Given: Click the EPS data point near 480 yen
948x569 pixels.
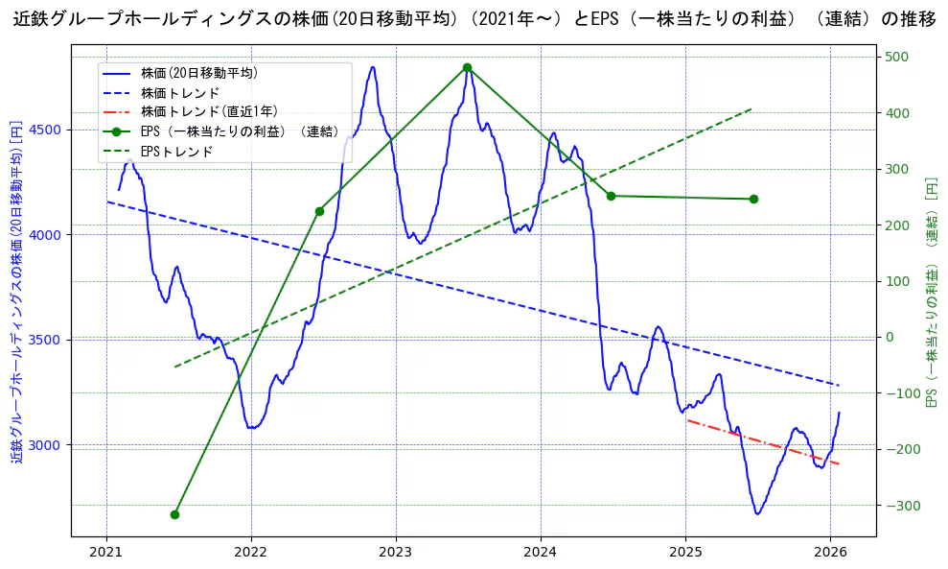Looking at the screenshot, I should [x=467, y=67].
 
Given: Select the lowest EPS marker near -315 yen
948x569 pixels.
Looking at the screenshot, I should [x=174, y=514].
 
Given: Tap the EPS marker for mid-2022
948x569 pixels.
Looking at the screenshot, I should [x=319, y=211].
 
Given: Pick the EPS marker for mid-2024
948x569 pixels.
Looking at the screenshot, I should [x=611, y=196].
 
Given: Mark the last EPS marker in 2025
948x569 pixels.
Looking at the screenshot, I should [x=753, y=199].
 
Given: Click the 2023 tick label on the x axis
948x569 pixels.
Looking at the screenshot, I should [x=396, y=552].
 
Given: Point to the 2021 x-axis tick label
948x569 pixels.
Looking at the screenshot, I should [x=106, y=552].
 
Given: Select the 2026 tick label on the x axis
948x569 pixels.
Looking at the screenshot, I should [x=830, y=552].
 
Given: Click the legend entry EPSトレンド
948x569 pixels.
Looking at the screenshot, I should [x=176, y=152].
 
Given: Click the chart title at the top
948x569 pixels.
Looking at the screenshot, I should [x=474, y=19].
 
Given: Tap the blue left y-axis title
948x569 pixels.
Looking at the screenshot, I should [x=16, y=292].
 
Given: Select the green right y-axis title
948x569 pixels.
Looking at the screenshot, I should [x=931, y=292].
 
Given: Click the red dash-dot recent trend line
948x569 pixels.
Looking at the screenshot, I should [x=763, y=442].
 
